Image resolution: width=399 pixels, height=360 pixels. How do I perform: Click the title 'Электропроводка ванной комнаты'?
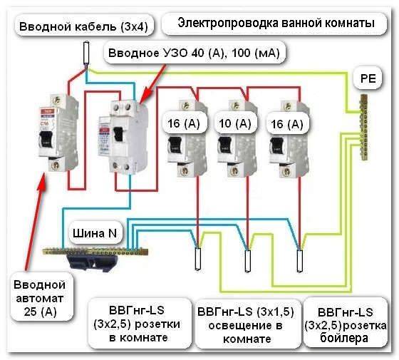[276, 23]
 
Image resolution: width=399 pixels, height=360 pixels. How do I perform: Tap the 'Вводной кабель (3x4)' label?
[83, 27]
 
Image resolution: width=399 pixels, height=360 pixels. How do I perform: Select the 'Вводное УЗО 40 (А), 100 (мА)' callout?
[194, 53]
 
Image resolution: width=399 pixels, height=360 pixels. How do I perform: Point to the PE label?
[368, 78]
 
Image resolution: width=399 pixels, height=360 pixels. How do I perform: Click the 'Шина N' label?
[95, 233]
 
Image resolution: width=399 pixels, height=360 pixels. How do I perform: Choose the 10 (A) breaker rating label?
[235, 124]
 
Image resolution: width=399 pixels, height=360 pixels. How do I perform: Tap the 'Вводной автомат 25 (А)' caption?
[40, 299]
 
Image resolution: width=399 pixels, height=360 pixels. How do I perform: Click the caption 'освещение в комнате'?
[246, 325]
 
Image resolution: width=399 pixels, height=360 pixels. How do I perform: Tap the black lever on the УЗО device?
[119, 136]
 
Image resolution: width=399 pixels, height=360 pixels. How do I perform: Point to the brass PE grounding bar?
[363, 128]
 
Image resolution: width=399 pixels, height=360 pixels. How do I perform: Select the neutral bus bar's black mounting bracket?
[93, 262]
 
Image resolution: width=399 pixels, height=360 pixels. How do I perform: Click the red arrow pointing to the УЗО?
[152, 84]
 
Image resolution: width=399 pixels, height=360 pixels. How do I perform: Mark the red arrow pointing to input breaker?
[35, 221]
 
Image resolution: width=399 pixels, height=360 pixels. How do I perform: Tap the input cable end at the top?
[86, 53]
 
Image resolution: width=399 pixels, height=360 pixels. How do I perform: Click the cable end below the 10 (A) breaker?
[248, 261]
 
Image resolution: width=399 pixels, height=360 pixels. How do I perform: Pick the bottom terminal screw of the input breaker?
[55, 165]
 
